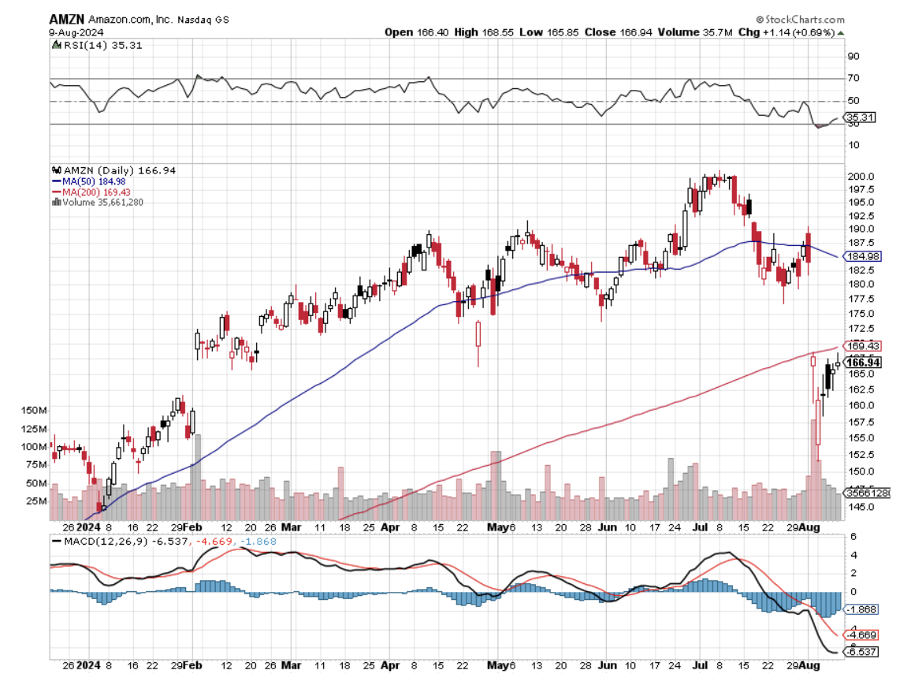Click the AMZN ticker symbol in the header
point(67,19)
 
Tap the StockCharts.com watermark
point(800,20)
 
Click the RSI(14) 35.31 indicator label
point(87,46)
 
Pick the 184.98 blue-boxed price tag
point(862,256)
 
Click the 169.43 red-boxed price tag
point(862,346)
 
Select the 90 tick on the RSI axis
point(853,56)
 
